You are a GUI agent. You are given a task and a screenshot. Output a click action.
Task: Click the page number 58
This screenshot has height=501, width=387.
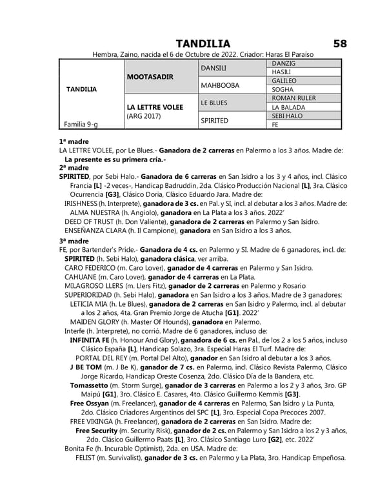click(x=341, y=43)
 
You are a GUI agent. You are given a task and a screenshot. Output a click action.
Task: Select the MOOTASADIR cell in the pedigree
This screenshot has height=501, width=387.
click(x=150, y=76)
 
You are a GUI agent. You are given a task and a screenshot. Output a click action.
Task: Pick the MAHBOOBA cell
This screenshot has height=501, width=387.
click(x=220, y=85)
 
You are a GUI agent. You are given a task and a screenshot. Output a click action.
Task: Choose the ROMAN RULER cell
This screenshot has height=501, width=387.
click(x=293, y=97)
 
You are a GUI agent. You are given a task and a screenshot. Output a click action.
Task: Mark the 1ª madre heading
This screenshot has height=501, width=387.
click(x=74, y=141)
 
